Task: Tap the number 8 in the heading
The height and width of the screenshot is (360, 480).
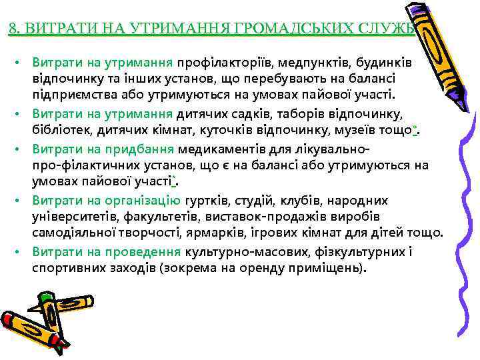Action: pos(14,29)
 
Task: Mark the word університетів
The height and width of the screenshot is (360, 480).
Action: pos(75,217)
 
